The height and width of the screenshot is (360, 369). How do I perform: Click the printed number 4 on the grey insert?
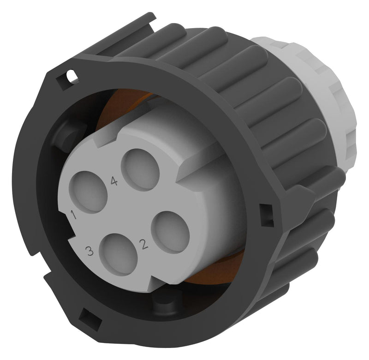114,181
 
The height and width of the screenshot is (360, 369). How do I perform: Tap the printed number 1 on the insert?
74,214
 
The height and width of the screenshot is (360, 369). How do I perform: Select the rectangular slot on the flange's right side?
266,215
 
